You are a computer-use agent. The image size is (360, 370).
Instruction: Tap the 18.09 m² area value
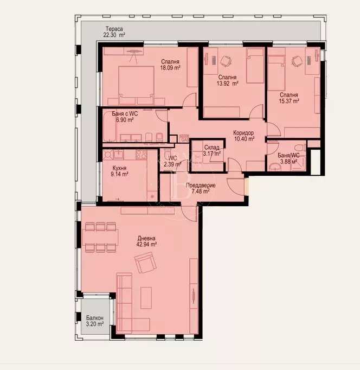click(x=170, y=68)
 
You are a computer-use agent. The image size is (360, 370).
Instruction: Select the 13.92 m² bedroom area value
click(x=228, y=84)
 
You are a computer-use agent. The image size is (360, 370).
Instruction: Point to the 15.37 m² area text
click(x=289, y=101)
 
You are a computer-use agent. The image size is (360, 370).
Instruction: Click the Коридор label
click(x=243, y=133)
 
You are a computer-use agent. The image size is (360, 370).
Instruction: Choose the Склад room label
click(x=212, y=147)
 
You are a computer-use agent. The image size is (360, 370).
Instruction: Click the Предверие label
click(x=200, y=186)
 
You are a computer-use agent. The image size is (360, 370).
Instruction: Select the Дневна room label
click(x=146, y=238)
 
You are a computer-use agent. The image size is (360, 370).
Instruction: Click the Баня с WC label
click(x=125, y=113)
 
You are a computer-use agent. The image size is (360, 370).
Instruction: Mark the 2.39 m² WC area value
click(x=173, y=164)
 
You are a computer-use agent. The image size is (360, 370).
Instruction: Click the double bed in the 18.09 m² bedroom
click(x=137, y=84)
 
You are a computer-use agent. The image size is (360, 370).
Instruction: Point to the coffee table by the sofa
click(x=146, y=298)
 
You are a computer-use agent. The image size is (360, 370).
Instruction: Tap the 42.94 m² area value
click(x=146, y=245)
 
